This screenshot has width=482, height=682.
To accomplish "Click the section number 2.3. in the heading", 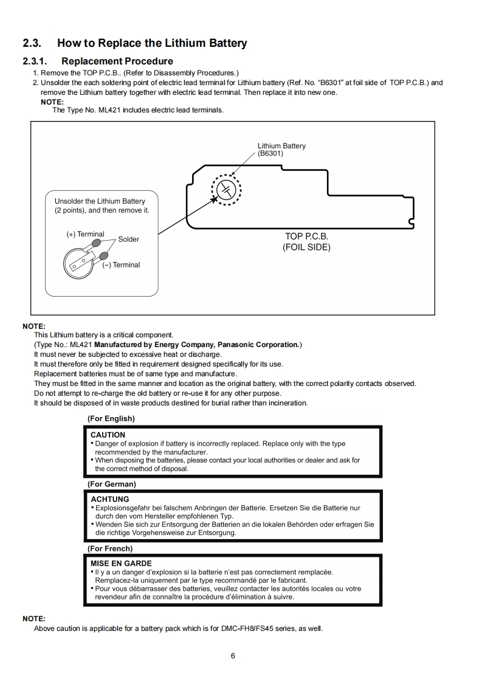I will click(x=32, y=43).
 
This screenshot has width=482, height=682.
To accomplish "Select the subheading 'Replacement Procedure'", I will click(x=117, y=61).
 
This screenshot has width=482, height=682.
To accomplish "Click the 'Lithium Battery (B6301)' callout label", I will click(x=281, y=150).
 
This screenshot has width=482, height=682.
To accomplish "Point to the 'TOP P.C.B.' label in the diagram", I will click(x=306, y=236).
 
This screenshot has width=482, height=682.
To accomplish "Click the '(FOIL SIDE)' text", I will click(x=306, y=247).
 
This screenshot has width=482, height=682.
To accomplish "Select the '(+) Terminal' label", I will click(x=85, y=235).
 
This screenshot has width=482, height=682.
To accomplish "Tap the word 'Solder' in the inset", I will click(x=128, y=239).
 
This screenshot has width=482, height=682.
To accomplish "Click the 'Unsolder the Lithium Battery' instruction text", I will click(x=100, y=201).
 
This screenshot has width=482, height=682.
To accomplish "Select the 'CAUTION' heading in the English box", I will click(x=108, y=435).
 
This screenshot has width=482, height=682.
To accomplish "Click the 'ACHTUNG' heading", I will click(x=109, y=500).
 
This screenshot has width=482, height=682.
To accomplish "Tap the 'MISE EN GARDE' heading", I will click(x=121, y=563).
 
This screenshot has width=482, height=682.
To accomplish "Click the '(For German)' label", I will click(x=112, y=484).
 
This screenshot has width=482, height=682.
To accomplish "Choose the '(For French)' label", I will click(x=110, y=548).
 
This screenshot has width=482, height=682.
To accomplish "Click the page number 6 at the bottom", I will click(x=233, y=656).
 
